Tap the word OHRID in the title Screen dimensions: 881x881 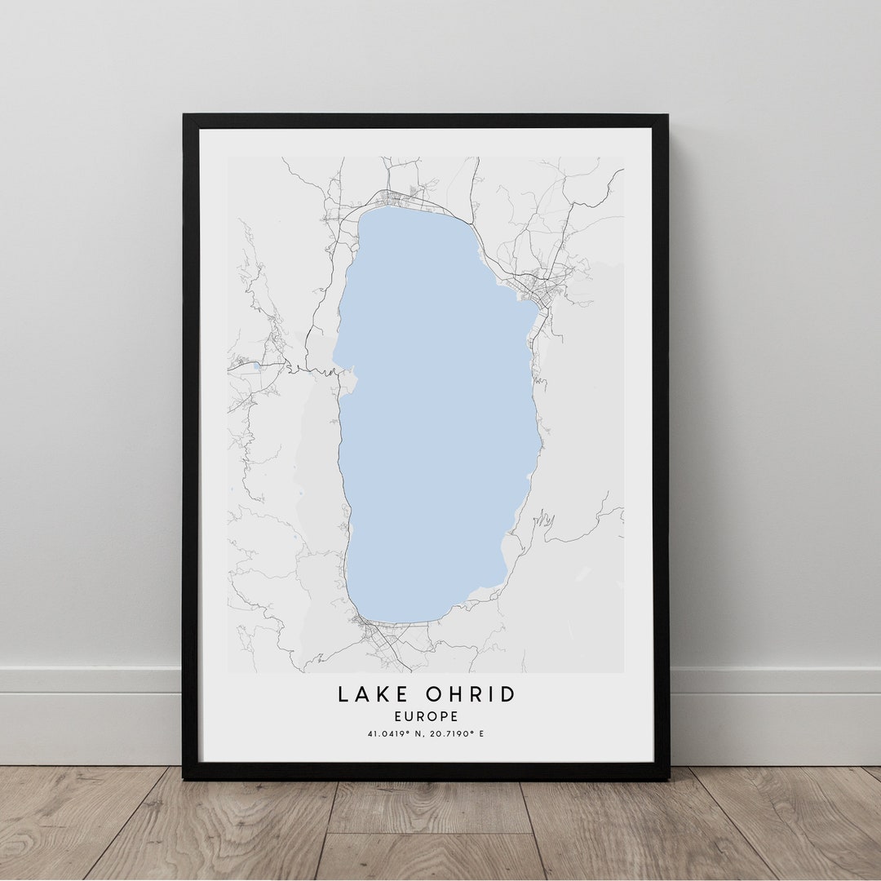click(471, 694)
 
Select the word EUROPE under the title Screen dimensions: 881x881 click(427, 716)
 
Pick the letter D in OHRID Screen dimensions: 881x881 click(509, 694)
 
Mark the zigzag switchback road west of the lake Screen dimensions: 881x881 click(322, 371)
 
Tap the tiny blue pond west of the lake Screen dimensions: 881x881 click(258, 367)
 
